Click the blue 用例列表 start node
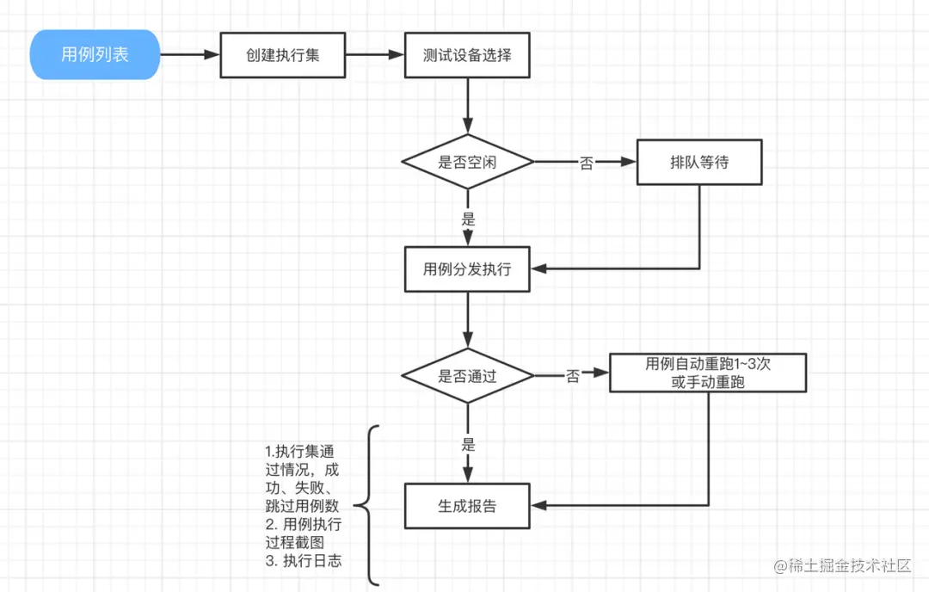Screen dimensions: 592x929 95,55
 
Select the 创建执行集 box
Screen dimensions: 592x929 283,55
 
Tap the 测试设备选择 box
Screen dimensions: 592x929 467,55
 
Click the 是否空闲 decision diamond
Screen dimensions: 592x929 467,162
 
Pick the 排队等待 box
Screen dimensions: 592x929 699,162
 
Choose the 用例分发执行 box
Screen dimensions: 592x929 467,269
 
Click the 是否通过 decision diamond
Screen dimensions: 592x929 467,376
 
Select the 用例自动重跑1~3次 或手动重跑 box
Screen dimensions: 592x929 708,373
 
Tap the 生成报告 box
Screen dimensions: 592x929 467,506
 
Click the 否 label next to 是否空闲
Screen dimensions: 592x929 586,163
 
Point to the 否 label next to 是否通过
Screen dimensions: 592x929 572,376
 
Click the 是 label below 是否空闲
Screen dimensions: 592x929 468,219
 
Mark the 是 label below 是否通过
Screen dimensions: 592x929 468,445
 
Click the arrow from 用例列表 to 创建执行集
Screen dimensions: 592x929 190,55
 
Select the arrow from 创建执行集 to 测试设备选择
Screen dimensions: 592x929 375,55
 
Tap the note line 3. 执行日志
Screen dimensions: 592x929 304,561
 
